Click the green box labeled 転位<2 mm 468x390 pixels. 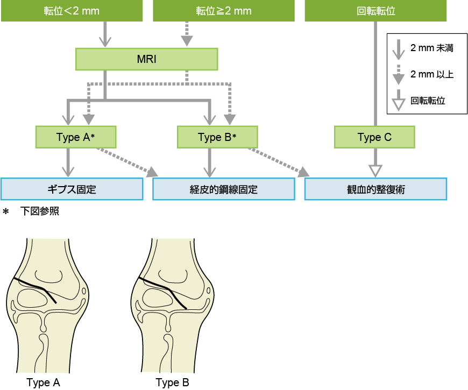click(72, 11)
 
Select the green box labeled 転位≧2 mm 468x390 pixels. click(224, 11)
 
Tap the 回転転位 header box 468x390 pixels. click(376, 11)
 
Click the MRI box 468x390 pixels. click(147, 59)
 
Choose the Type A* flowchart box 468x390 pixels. click(76, 137)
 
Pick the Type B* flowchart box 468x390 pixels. click(218, 137)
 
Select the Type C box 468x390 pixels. click(374, 137)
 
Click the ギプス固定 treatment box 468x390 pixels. click(72, 189)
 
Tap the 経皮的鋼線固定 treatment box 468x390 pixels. click(224, 189)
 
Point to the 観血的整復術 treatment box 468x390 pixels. click(376, 189)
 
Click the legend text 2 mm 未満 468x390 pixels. click(432, 48)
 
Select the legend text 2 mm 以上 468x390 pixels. click(432, 74)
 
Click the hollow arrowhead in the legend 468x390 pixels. click(398, 103)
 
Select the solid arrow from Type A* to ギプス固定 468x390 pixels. click(68, 162)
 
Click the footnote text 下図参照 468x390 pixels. click(44, 211)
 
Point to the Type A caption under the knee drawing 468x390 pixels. click(44, 383)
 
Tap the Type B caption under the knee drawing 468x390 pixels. click(172, 383)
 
